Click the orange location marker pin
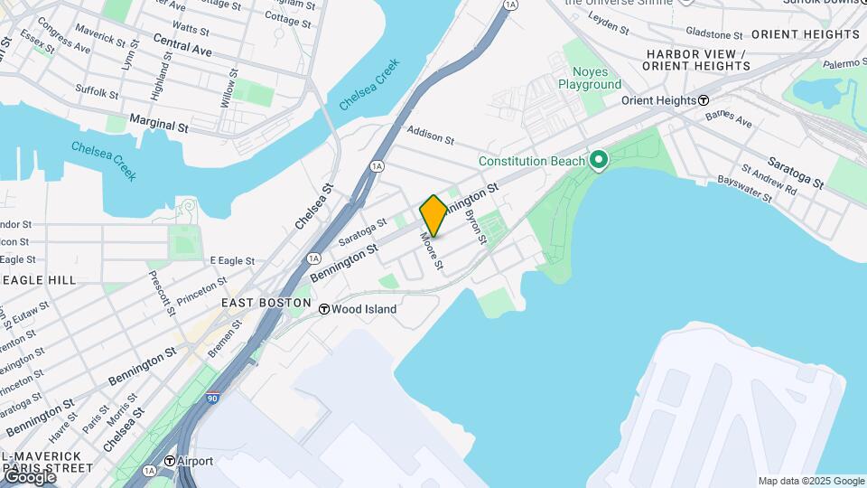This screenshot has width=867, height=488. [433, 215]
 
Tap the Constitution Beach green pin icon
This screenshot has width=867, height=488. [597, 161]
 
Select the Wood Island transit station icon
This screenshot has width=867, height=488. [324, 309]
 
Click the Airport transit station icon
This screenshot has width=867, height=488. [170, 461]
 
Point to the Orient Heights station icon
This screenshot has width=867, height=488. [704, 100]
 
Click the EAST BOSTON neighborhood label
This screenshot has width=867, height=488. [266, 304]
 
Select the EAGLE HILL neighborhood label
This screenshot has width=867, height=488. [39, 280]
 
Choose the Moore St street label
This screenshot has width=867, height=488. [431, 252]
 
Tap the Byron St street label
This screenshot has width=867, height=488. [475, 227]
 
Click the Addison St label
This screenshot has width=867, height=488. [430, 136]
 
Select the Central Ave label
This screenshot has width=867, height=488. [182, 45]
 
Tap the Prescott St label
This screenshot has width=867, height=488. [160, 293]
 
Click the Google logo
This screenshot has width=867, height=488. [29, 476]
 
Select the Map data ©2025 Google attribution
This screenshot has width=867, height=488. [811, 481]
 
